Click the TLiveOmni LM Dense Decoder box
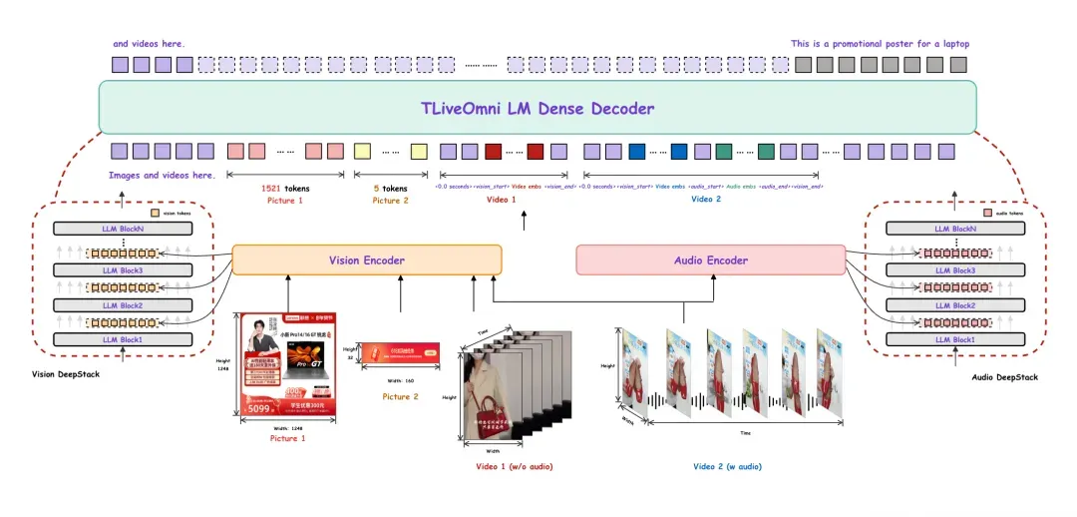coord(537,108)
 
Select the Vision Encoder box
coord(367,260)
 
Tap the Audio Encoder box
coord(710,260)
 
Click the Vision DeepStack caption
coord(65,373)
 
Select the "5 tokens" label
coord(390,188)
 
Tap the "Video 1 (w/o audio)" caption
coord(515,466)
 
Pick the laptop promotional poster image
coord(287,364)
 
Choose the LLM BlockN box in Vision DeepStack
coord(124,229)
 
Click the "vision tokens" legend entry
coord(174,214)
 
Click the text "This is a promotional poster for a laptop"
coord(880,44)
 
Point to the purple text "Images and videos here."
coord(162,175)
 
